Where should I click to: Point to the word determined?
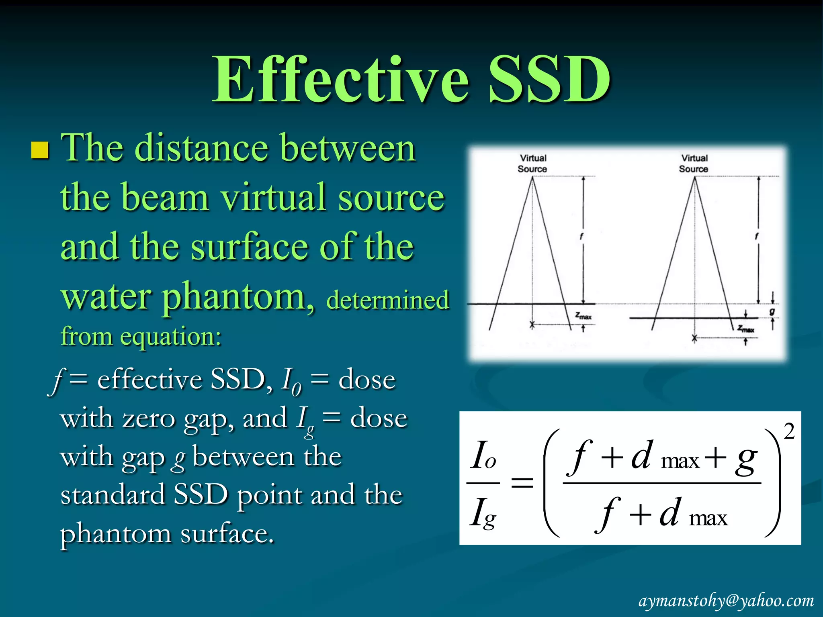click(x=387, y=300)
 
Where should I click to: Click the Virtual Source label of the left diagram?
click(x=532, y=163)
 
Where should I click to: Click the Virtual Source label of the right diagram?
click(x=694, y=163)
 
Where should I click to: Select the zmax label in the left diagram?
click(x=583, y=316)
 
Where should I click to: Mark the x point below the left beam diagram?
click(x=532, y=324)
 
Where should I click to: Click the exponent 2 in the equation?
click(x=789, y=432)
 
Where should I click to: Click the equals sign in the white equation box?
click(x=522, y=482)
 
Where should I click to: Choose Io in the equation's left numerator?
click(x=483, y=456)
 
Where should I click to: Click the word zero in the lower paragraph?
click(x=148, y=419)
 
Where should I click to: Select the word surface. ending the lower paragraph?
click(x=227, y=534)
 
